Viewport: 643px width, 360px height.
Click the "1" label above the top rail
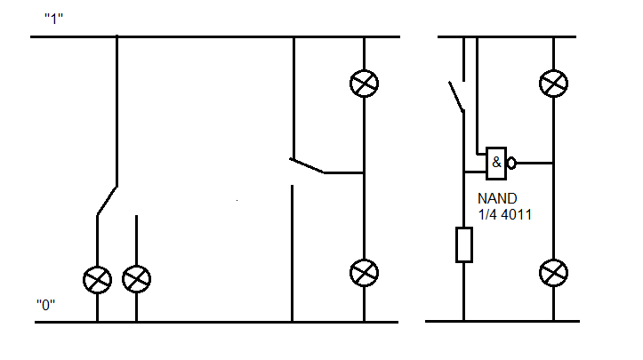(x=53, y=19)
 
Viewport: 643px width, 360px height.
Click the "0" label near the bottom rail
(x=45, y=305)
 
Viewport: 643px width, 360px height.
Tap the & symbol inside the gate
(x=496, y=163)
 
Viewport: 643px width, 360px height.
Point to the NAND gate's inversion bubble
(x=511, y=164)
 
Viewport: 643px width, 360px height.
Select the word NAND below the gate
(x=497, y=199)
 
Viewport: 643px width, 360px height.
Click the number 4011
(x=516, y=215)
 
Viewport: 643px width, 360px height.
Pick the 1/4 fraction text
(x=487, y=215)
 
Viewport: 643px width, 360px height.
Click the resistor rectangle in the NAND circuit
(x=464, y=244)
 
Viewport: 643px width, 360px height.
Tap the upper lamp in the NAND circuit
(x=553, y=84)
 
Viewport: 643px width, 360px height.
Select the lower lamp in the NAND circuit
(x=553, y=273)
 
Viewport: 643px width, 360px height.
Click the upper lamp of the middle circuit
(x=364, y=84)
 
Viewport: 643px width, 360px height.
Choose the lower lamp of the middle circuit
(x=364, y=273)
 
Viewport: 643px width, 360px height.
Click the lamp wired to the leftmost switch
(x=97, y=280)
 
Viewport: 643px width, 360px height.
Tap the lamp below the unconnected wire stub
(x=137, y=279)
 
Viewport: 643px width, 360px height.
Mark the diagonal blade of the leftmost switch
(x=107, y=201)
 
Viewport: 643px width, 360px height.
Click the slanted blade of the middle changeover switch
(x=307, y=165)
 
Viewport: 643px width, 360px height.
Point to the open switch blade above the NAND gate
(x=456, y=97)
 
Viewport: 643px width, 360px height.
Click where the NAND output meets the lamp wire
(x=553, y=164)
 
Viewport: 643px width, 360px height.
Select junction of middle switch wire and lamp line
(x=364, y=173)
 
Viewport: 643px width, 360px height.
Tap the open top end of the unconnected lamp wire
(x=137, y=216)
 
